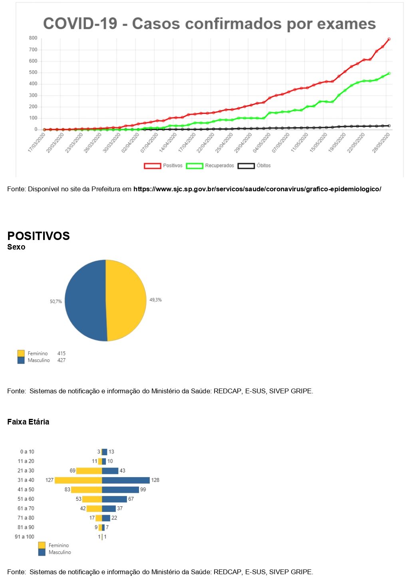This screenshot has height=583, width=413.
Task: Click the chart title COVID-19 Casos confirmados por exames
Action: pos(209,24)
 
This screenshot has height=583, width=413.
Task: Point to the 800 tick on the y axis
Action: pos(33,38)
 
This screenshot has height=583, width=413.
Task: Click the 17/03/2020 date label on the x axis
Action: pos(37,143)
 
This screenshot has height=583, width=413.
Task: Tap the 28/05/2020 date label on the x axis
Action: pos(381,143)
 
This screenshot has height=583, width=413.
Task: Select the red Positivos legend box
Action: pos(152,166)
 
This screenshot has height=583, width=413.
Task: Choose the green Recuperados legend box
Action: pos(195,166)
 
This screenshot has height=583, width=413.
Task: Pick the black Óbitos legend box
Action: pos(246,166)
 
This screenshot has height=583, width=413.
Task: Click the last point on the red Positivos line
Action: pos(389,39)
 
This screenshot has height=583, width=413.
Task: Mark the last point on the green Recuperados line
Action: pos(389,73)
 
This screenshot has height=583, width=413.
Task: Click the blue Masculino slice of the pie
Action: pos(85,300)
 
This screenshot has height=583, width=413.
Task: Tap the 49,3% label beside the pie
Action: pos(155,300)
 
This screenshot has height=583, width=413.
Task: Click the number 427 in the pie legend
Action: pos(61,360)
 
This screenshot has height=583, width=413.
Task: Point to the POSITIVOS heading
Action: pos(38,236)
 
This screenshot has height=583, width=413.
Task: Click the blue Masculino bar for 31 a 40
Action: pos(126,480)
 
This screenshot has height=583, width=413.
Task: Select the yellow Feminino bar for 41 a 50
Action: pos(86,490)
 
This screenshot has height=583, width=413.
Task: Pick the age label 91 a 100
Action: pos(24,537)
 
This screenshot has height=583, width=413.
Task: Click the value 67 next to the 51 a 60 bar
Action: pos(131,499)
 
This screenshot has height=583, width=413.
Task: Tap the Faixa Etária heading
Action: pos(28,422)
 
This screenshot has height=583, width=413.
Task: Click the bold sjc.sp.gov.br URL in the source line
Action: pos(257,189)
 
